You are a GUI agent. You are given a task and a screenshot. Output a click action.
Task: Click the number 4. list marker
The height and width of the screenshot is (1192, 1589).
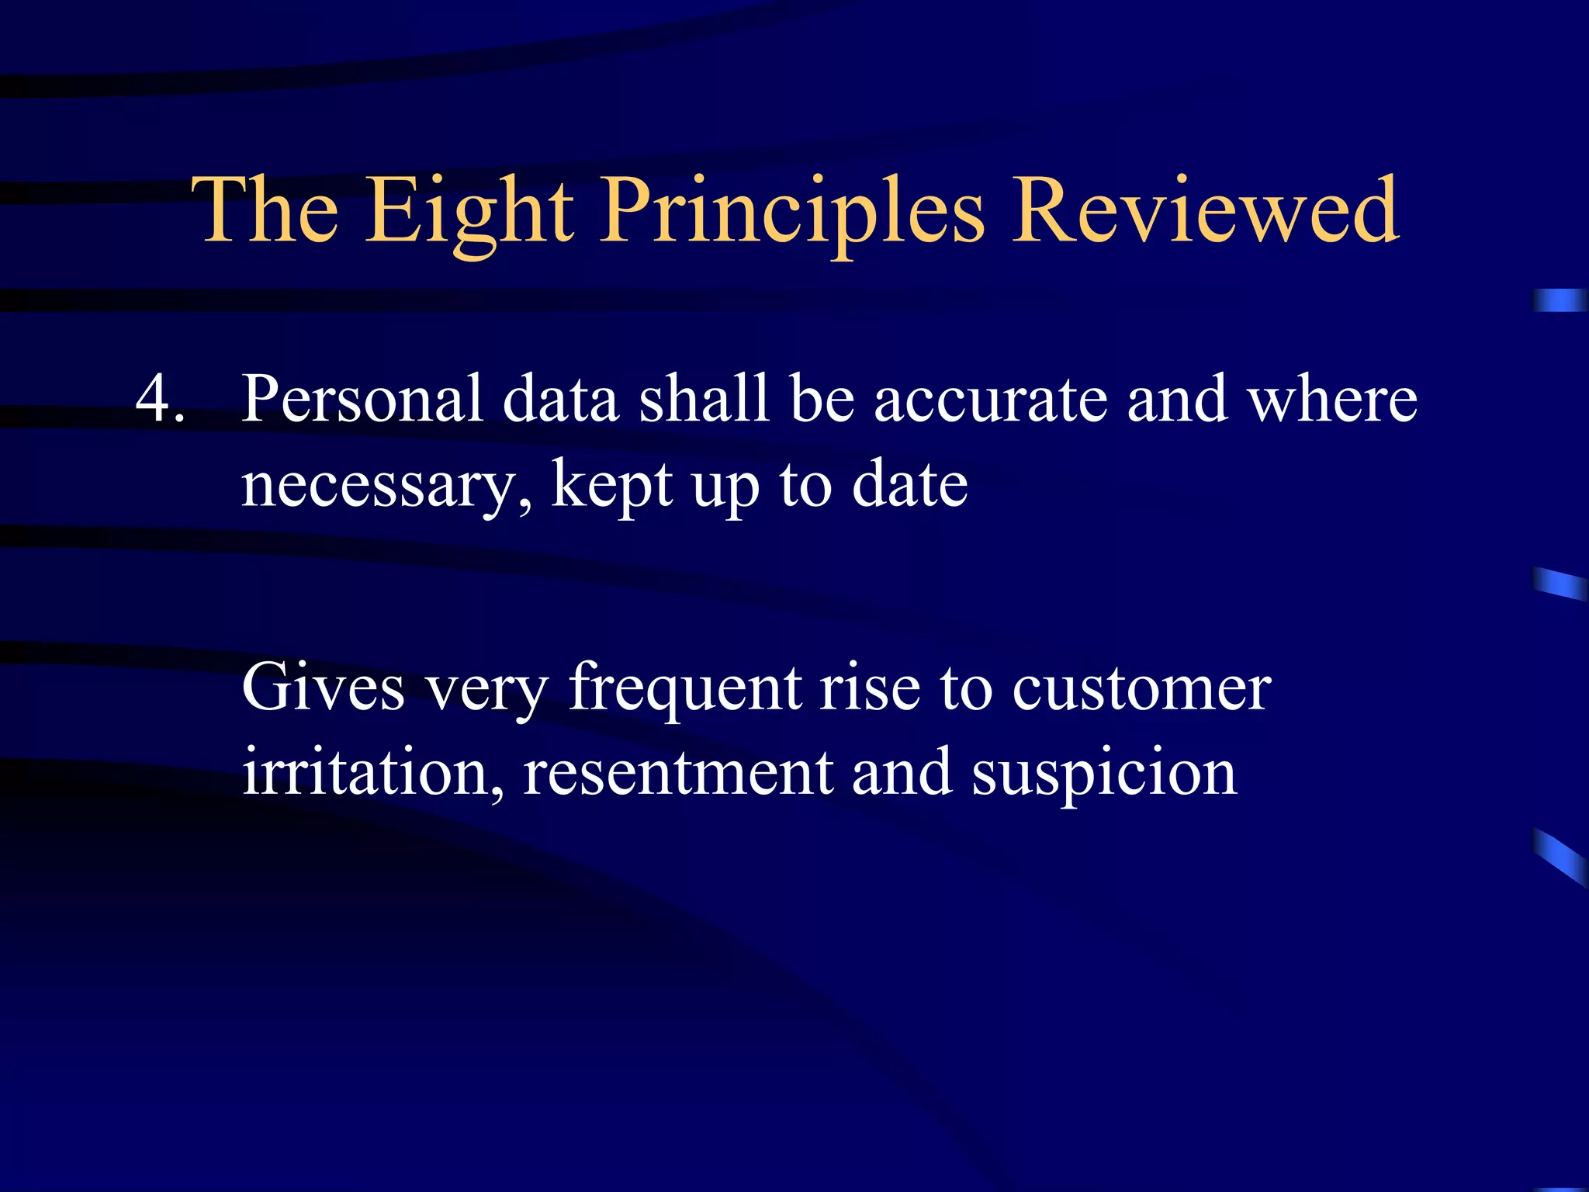160,400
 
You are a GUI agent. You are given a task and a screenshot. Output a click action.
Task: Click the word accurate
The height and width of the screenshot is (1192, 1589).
991,400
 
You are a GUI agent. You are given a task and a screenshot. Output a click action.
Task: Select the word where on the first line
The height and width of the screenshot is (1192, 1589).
1331,400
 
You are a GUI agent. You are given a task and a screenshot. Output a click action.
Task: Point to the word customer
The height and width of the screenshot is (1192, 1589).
1141,689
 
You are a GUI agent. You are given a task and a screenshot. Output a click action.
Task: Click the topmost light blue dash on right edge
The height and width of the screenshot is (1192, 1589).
1560,300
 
